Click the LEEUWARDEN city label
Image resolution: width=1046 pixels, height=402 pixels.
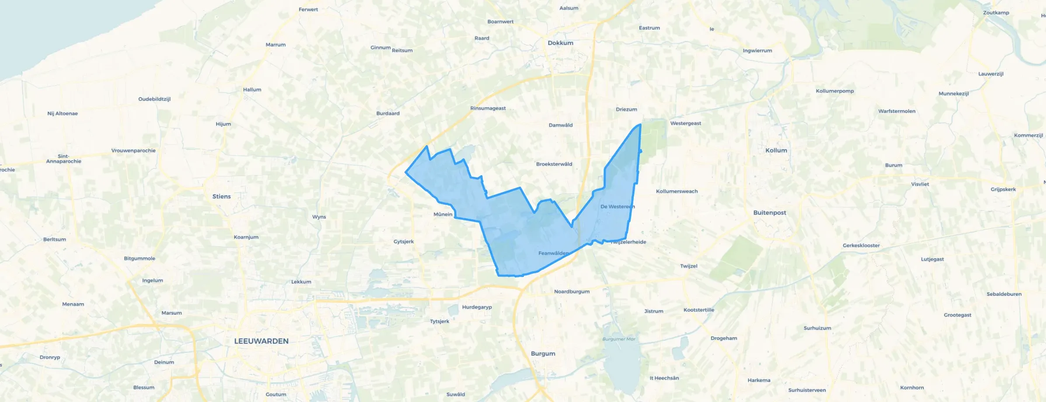pyautogui.click(x=261, y=341)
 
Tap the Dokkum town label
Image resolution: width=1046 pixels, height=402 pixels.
pyautogui.click(x=560, y=43)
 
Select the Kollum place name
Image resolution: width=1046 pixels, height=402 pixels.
pyautogui.click(x=776, y=150)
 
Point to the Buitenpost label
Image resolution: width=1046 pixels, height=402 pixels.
pyautogui.click(x=769, y=213)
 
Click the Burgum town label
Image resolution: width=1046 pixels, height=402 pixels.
pyautogui.click(x=543, y=353)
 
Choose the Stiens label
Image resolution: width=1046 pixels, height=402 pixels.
pyautogui.click(x=221, y=197)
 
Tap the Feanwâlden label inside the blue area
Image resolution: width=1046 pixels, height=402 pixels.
pyautogui.click(x=553, y=253)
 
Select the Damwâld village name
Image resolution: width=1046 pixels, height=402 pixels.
pyautogui.click(x=560, y=125)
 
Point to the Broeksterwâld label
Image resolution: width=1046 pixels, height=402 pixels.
pyautogui.click(x=554, y=164)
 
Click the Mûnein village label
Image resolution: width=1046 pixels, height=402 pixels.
pyautogui.click(x=443, y=215)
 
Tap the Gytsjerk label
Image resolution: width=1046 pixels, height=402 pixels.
pyautogui.click(x=403, y=242)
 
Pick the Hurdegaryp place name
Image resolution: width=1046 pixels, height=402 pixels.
pyautogui.click(x=477, y=307)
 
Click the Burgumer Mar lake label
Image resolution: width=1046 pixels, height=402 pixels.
pyautogui.click(x=619, y=339)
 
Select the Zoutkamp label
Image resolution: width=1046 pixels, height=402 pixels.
pyautogui.click(x=996, y=13)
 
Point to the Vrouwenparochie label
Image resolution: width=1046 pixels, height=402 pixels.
pyautogui.click(x=133, y=151)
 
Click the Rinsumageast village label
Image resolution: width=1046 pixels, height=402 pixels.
pyautogui.click(x=488, y=108)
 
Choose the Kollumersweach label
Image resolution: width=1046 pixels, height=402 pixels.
pyautogui.click(x=676, y=191)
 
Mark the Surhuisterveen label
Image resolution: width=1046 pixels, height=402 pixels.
pyautogui.click(x=807, y=390)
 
